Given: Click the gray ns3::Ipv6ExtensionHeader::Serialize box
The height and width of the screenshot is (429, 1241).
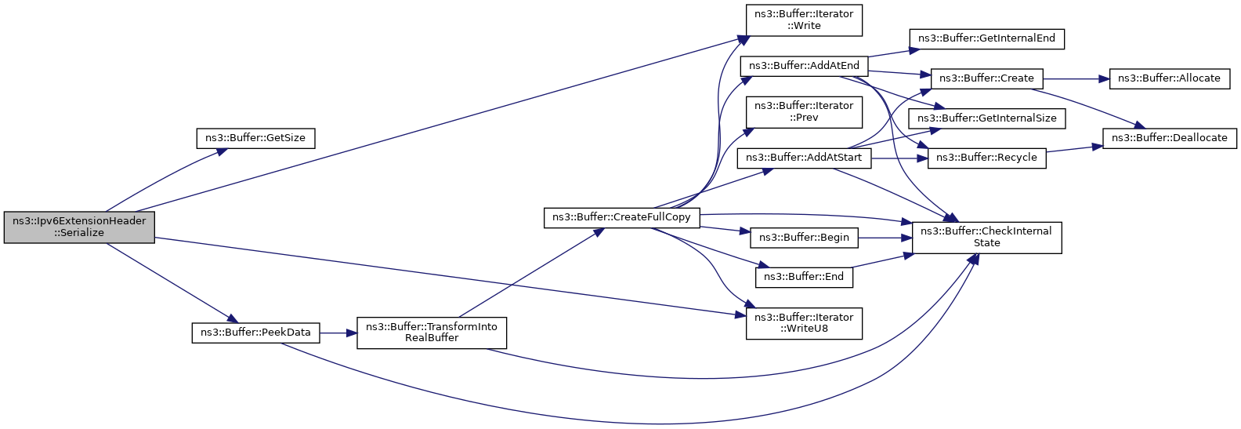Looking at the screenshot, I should (79, 227).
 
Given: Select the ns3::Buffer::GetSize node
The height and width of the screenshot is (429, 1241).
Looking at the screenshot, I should (255, 138).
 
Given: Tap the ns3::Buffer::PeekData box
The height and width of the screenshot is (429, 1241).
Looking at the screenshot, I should (255, 333).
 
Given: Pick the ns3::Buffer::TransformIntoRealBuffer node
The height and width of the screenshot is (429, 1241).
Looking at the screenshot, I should (432, 333).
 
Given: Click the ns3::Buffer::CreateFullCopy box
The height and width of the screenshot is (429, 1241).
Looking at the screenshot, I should (621, 217).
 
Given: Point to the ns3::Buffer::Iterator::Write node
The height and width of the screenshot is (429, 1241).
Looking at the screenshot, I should (804, 20).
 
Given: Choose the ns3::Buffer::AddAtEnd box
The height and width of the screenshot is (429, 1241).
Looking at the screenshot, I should (804, 66).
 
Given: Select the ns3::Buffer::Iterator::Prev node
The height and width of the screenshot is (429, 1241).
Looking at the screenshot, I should (804, 111).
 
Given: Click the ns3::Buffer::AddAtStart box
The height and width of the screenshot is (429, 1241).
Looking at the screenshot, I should (804, 158).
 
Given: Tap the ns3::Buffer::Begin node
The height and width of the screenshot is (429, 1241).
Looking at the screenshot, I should (804, 238).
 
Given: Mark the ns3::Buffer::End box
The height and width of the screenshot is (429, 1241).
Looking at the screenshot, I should (804, 277).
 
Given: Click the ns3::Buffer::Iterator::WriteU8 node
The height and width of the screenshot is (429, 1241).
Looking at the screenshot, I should (804, 323).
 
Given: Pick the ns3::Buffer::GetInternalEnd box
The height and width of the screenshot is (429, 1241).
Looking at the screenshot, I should (986, 38).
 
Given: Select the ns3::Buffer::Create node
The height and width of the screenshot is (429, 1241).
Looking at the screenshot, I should (986, 78).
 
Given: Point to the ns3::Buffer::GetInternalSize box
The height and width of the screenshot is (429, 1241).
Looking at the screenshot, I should (986, 118).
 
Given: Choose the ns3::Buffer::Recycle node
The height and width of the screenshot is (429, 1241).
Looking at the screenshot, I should (986, 158).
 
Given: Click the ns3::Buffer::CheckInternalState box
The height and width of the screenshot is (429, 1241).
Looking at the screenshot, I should (986, 237).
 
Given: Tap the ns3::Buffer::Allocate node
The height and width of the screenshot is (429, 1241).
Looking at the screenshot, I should (1169, 78).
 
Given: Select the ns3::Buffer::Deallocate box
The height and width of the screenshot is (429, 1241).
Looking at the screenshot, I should (1169, 138).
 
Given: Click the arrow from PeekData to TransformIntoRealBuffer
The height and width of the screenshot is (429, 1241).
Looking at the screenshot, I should (338, 333).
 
